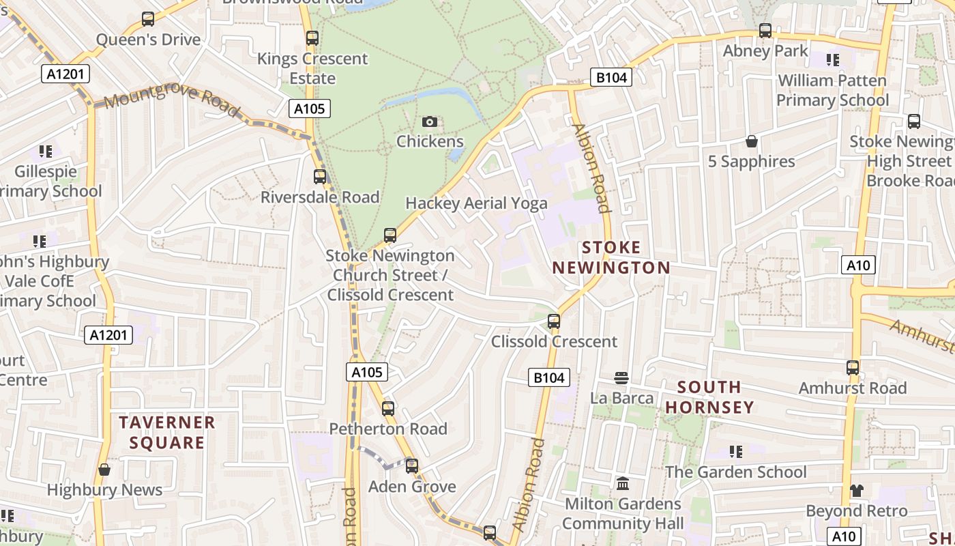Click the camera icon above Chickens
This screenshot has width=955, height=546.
(429, 122)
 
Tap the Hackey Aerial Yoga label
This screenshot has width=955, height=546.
(476, 203)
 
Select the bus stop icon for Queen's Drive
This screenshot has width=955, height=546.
(148, 19)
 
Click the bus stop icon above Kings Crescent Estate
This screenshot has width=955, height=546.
(312, 38)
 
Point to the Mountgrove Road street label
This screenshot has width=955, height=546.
(172, 100)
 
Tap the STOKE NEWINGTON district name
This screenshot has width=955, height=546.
(611, 257)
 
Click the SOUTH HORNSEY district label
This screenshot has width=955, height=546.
(709, 397)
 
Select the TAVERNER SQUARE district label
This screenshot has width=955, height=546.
(167, 433)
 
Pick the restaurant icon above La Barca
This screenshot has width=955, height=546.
(621, 377)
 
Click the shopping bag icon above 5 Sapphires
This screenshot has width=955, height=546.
(751, 141)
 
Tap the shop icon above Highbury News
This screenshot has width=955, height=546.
(104, 470)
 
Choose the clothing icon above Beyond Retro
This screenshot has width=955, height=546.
(857, 491)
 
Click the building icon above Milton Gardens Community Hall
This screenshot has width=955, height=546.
(622, 484)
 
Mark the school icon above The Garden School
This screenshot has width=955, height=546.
(735, 452)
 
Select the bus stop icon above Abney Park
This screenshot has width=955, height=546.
(765, 31)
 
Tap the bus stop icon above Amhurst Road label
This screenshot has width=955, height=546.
(853, 368)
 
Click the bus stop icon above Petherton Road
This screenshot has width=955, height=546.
(388, 409)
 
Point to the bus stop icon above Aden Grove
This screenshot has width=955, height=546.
(412, 466)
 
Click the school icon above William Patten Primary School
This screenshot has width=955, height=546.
(832, 60)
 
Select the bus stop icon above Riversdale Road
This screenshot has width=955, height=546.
(320, 177)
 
